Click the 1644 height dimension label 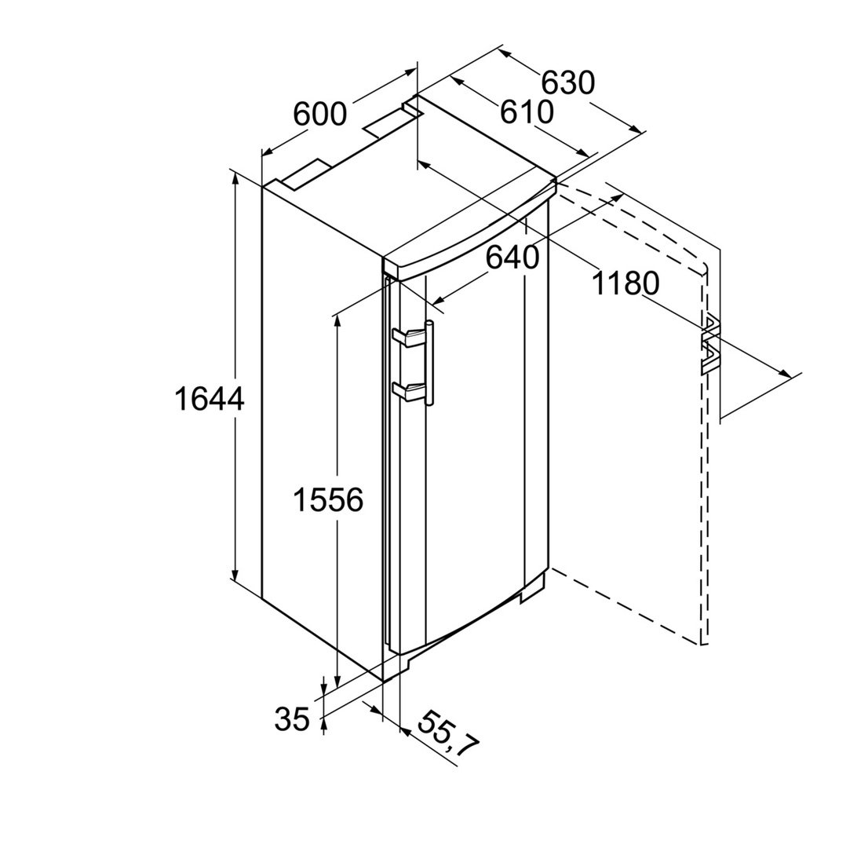point(210,399)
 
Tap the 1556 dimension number point(328,499)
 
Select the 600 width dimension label point(319,115)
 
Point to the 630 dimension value point(567,82)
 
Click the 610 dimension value point(527,111)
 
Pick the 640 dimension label point(512,257)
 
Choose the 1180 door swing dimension point(625,283)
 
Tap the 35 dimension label point(292,719)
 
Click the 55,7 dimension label point(447,734)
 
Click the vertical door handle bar point(429,363)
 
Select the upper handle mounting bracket point(409,337)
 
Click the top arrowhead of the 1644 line point(235,179)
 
